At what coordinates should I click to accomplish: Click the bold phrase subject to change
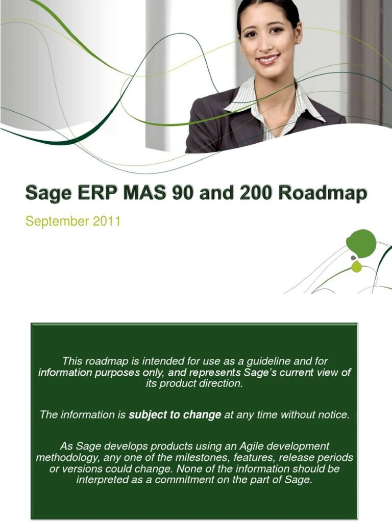[x=175, y=415]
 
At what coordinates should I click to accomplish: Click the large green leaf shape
[x=361, y=243]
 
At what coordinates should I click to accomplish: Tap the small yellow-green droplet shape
[x=356, y=267]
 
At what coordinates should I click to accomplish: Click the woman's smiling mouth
[x=268, y=59]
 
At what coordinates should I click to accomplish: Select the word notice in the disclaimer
[x=334, y=415]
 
